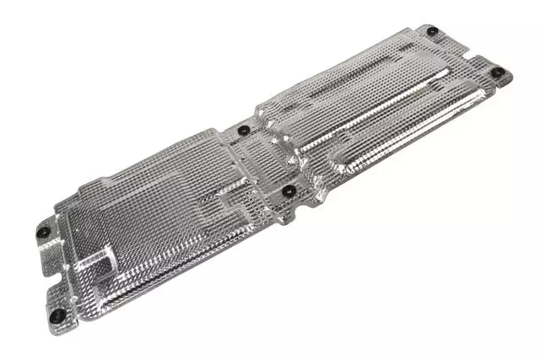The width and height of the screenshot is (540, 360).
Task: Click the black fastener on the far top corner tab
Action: tap(432, 31)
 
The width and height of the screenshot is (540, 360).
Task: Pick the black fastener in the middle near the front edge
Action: tap(289, 191)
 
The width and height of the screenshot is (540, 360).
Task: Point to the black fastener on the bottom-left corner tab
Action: tap(57, 314)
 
